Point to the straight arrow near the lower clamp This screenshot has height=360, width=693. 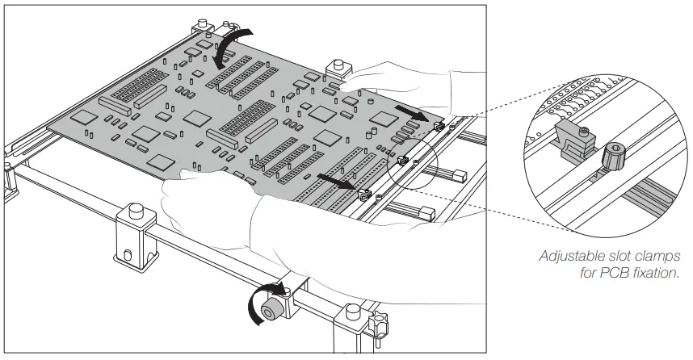[x=334, y=181]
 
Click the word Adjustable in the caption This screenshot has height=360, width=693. [x=569, y=256]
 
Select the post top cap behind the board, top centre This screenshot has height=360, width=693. [x=334, y=65]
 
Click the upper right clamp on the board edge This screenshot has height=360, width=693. [x=438, y=125]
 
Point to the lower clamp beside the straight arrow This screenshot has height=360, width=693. [x=363, y=194]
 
